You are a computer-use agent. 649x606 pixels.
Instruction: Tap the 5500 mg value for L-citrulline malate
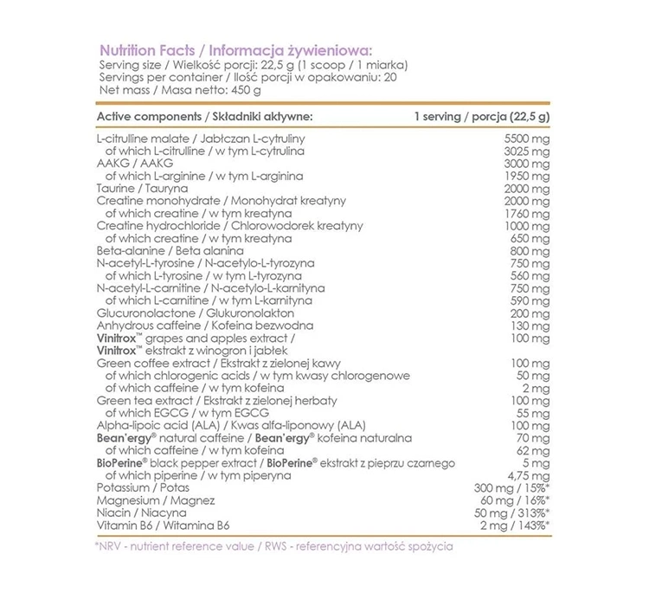[527, 139]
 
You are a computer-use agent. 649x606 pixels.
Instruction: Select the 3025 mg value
[527, 151]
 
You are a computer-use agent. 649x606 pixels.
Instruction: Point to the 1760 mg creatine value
[527, 213]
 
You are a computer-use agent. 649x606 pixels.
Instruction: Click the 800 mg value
[530, 250]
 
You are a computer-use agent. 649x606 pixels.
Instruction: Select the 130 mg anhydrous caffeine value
[530, 325]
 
